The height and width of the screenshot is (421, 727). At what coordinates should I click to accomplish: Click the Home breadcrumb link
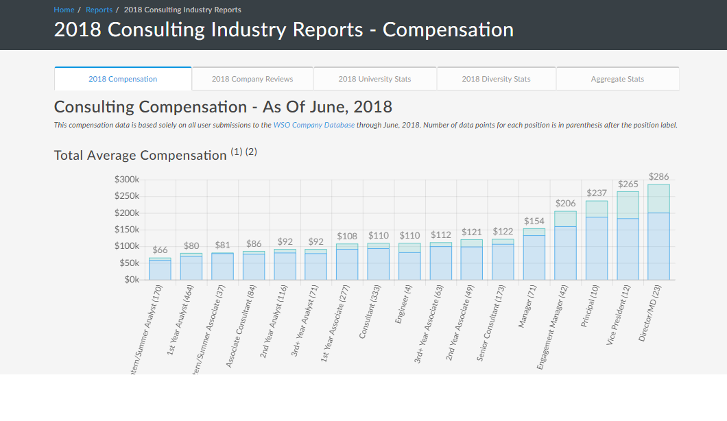click(64, 10)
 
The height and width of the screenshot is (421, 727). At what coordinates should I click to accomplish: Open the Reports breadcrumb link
click(99, 10)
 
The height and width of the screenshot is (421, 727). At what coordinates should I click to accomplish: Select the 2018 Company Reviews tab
click(252, 79)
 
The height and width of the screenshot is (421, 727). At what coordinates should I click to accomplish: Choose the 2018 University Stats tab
click(374, 79)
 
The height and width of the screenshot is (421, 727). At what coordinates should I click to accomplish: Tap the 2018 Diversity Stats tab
click(496, 79)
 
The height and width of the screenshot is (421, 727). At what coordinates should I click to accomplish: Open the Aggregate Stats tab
click(617, 79)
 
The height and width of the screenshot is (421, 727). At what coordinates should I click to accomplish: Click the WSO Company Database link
click(314, 125)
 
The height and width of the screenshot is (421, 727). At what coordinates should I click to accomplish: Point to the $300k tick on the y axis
click(128, 180)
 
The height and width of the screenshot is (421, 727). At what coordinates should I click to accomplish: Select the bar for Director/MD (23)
click(658, 233)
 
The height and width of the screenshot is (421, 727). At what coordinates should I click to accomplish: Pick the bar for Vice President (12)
click(628, 237)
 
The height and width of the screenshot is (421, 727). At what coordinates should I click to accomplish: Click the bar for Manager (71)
click(534, 255)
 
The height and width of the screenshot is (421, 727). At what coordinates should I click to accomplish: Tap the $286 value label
click(658, 177)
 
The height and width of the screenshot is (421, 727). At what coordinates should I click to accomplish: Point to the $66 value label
click(160, 250)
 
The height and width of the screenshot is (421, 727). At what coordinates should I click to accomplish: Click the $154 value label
click(534, 221)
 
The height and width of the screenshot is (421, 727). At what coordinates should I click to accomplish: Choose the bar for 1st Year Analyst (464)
click(191, 267)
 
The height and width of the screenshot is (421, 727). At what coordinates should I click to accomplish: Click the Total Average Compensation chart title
click(140, 155)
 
